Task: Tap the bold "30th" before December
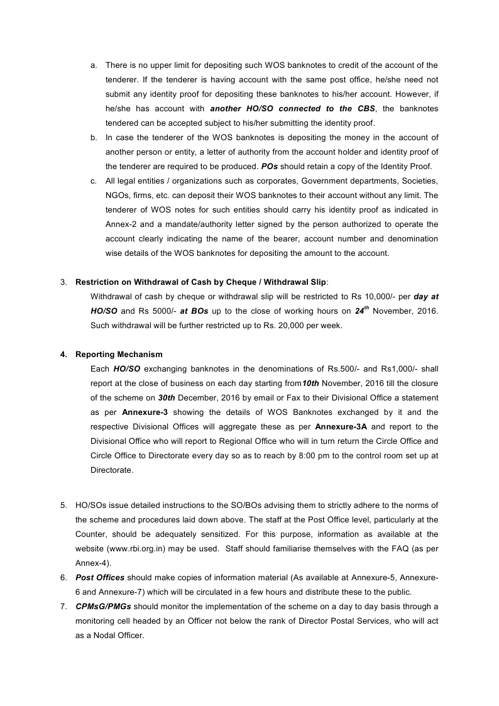(166, 398)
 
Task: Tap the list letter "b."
(94, 138)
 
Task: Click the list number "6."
(63, 578)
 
